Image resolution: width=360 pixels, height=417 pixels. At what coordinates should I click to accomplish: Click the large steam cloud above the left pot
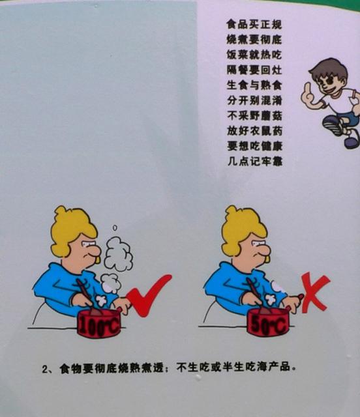coord(118,254)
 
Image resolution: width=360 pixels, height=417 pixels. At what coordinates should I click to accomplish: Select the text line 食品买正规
coord(254,25)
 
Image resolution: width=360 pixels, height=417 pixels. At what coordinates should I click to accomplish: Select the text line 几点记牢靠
coord(255,161)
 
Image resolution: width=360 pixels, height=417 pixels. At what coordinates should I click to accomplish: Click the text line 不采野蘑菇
coord(254,116)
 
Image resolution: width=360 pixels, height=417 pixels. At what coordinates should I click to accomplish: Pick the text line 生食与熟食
coord(254,85)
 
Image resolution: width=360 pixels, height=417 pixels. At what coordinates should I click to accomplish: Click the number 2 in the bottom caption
coord(45,369)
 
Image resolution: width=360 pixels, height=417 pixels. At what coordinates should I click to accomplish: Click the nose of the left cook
coord(95,250)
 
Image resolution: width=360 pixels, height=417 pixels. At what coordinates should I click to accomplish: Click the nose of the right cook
coord(265,250)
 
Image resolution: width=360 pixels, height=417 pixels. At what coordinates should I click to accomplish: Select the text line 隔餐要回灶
coord(254,70)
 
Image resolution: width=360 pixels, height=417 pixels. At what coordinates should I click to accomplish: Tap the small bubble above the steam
coord(115,228)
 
